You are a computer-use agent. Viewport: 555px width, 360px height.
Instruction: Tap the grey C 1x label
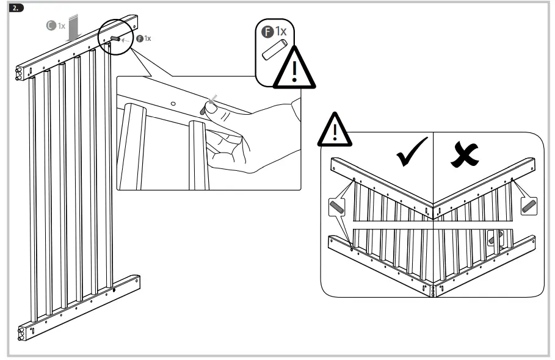[56, 26]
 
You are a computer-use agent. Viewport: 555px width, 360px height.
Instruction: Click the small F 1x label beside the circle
[143, 38]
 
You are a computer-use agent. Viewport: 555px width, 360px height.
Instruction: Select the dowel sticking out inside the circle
[116, 38]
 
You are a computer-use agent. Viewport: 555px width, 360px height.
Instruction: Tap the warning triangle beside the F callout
[294, 71]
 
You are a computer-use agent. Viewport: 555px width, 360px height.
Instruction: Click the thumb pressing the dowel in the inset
[212, 110]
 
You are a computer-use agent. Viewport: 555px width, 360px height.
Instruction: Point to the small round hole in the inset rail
[173, 104]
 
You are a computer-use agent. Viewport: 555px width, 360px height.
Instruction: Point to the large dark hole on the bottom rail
[114, 291]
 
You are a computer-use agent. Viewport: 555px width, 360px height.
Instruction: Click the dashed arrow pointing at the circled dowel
[128, 39]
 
